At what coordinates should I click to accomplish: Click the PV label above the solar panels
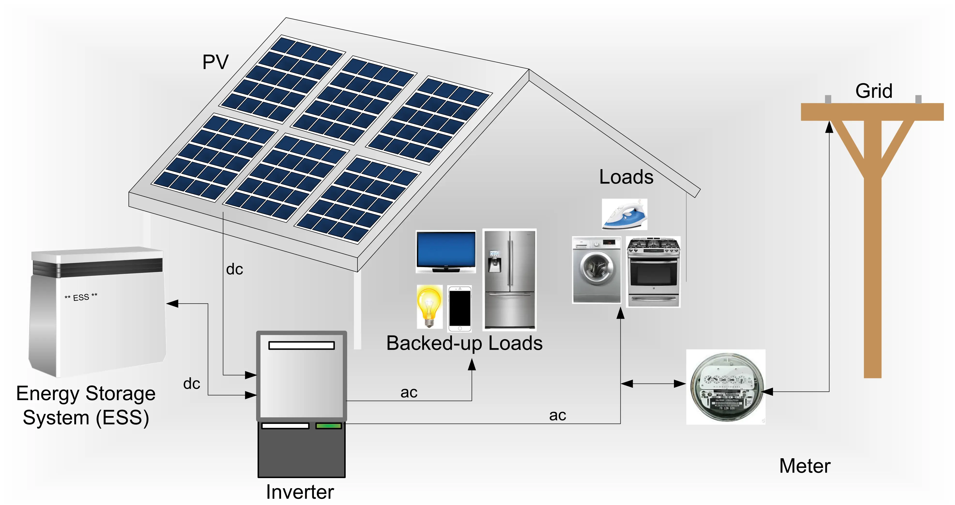(215, 62)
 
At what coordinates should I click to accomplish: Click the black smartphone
(460, 308)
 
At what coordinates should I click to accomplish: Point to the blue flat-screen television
(446, 251)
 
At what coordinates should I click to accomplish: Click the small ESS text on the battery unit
(81, 297)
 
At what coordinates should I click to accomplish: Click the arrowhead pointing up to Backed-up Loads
(472, 365)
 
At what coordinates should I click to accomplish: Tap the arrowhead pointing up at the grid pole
(829, 127)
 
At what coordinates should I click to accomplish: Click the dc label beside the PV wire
(234, 269)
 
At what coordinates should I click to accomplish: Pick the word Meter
(804, 466)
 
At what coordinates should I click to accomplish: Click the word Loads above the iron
(626, 177)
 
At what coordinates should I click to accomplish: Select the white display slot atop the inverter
(301, 345)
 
